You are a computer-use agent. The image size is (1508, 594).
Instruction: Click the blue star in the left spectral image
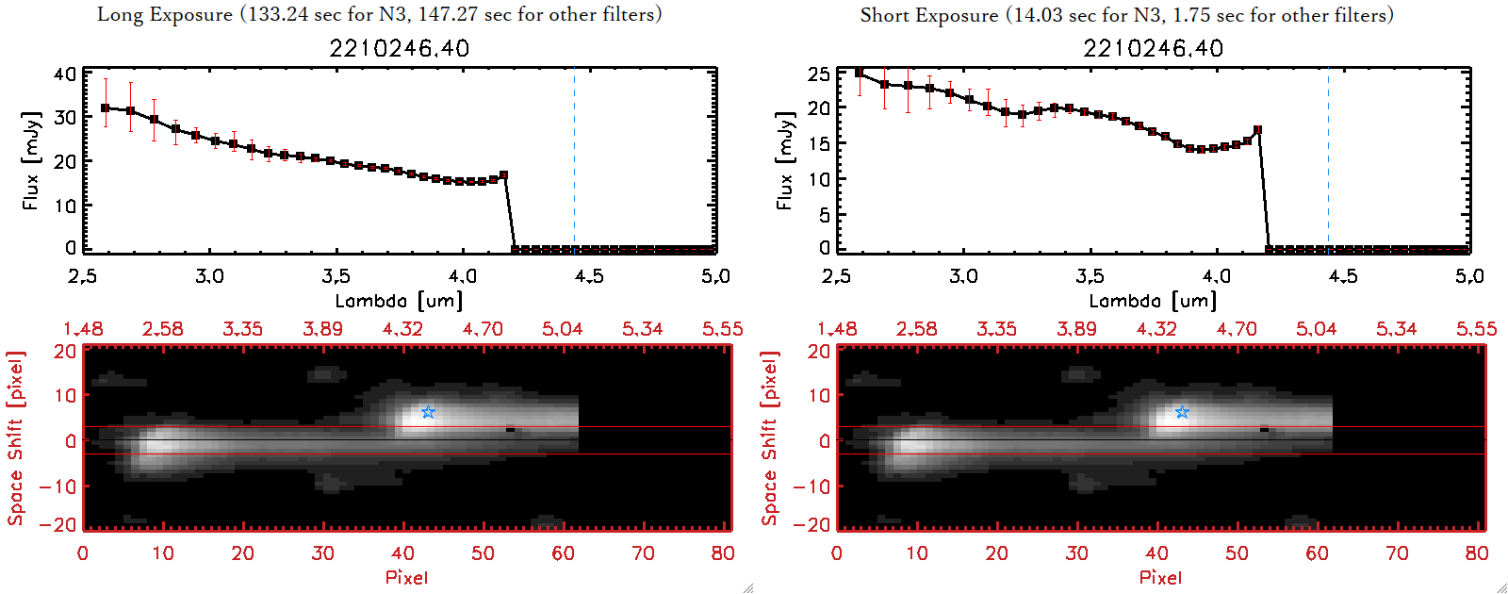pos(428,412)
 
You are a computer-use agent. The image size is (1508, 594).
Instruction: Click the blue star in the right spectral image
pos(1182,412)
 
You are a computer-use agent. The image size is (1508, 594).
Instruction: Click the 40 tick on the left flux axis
pos(65,74)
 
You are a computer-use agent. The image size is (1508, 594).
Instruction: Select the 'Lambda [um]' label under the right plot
pos(1153,301)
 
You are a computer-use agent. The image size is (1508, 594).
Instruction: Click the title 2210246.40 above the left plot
pos(399,48)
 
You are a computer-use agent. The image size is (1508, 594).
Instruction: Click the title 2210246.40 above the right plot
pos(1153,48)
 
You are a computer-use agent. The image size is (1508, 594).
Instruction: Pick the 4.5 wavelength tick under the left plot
pos(589,276)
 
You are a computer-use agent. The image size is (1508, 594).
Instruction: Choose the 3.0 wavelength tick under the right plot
pos(963,276)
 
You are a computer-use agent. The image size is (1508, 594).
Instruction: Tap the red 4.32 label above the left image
pos(402,329)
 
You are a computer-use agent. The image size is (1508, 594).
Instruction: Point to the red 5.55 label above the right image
pos(1476,329)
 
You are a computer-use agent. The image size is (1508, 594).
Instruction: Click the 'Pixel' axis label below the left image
pos(406,577)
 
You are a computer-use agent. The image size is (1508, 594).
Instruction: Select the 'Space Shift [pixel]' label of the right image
pos(770,438)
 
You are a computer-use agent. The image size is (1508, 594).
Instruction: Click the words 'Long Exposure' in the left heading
pos(165,14)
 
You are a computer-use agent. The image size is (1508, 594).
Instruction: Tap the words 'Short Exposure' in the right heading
pos(929,15)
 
